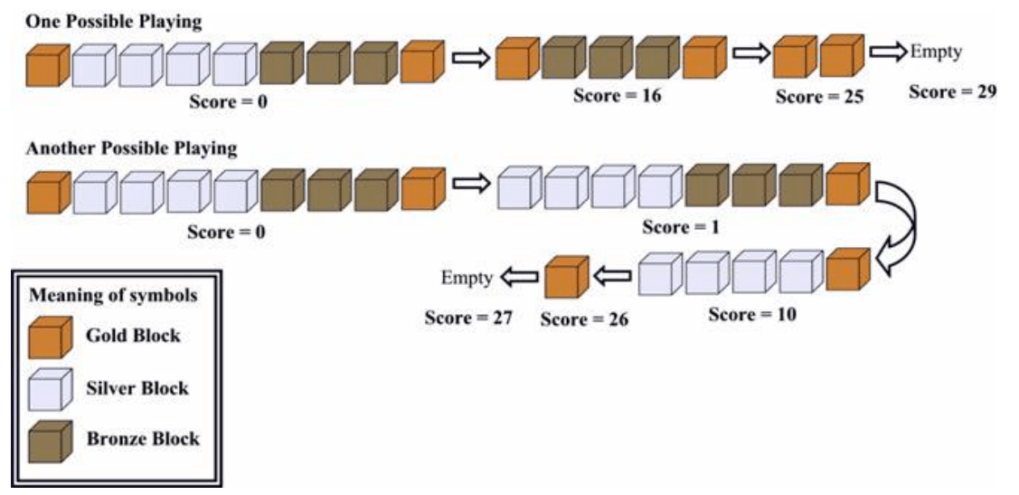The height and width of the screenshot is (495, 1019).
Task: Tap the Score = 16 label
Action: (x=617, y=95)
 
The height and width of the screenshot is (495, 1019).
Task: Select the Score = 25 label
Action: (x=820, y=97)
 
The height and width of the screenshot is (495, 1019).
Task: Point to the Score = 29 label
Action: (x=952, y=91)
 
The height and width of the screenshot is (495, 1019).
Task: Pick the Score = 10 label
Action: (x=751, y=315)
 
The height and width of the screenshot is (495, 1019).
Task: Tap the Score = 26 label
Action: (x=583, y=319)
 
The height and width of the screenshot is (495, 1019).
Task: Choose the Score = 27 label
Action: (x=468, y=318)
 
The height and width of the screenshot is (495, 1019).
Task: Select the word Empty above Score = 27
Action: (x=467, y=278)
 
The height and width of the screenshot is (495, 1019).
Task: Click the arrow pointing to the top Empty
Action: (x=887, y=53)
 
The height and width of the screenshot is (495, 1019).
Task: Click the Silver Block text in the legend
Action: (x=137, y=388)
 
